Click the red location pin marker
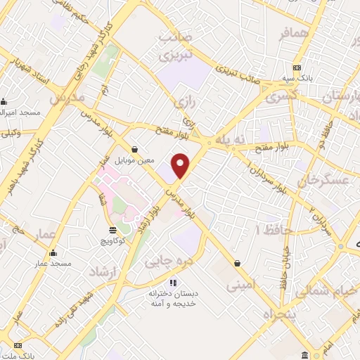point(181,165)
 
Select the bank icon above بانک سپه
point(297,67)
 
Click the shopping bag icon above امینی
point(237,264)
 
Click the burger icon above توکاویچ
point(112,230)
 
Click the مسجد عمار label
point(53,264)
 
